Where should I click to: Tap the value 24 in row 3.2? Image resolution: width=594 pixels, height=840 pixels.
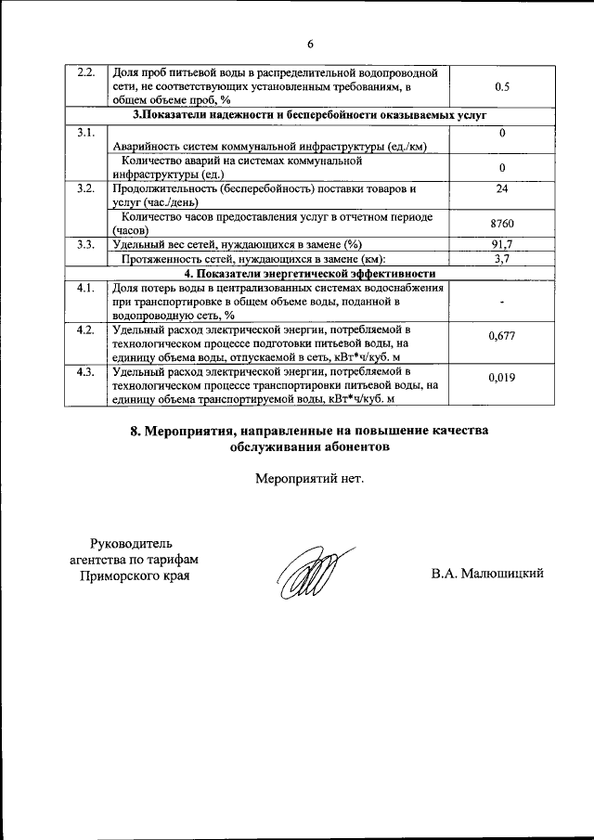pos(502,188)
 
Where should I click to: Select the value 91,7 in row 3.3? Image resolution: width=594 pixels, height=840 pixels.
pos(502,244)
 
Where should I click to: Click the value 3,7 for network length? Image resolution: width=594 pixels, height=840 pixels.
pos(502,259)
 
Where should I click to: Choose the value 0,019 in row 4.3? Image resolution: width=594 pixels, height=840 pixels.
pos(502,378)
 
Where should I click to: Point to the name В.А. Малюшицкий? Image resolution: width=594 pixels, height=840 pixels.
pos(486,574)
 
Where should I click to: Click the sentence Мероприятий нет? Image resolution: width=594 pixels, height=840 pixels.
pos(311,479)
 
